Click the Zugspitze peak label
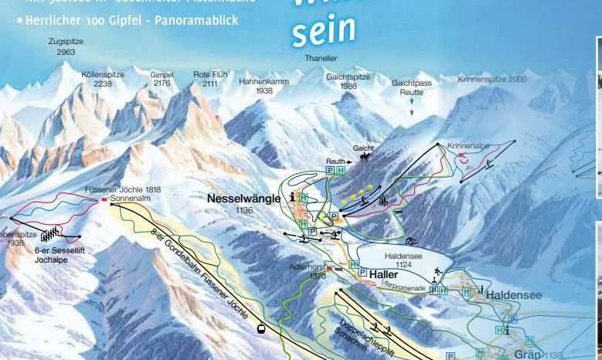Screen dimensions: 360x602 point(65,46)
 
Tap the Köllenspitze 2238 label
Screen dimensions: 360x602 point(102,79)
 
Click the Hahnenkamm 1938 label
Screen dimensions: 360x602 point(264,85)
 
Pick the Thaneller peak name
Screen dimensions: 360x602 point(321,57)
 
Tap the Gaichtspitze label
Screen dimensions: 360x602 point(348,81)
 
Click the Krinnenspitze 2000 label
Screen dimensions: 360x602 point(491,79)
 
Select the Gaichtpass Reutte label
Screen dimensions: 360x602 point(411,87)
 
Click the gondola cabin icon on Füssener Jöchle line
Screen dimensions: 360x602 point(262,328)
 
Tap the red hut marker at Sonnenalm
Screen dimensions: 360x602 point(104,199)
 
